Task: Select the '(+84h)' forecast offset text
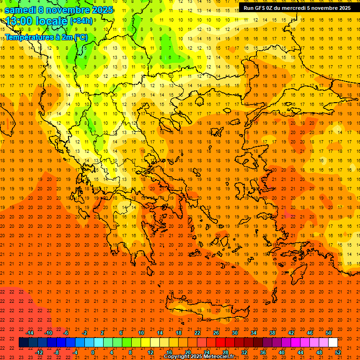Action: pyautogui.click(x=81, y=21)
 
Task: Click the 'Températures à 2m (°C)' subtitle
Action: pyautogui.click(x=46, y=37)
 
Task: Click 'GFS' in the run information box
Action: pyautogui.click(x=263, y=8)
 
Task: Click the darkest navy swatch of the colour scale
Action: pyautogui.click(x=23, y=343)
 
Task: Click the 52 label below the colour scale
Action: pyautogui.click(x=338, y=352)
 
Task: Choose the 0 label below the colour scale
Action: pyautogui.click(x=93, y=352)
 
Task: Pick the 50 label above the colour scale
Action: pyautogui.click(x=329, y=333)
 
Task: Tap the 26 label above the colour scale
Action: pyautogui.click(x=216, y=333)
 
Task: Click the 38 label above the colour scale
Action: pyautogui.click(x=272, y=333)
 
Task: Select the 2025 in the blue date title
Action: pyautogui.click(x=101, y=10)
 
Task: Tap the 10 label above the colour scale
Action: pyautogui.click(x=141, y=333)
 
